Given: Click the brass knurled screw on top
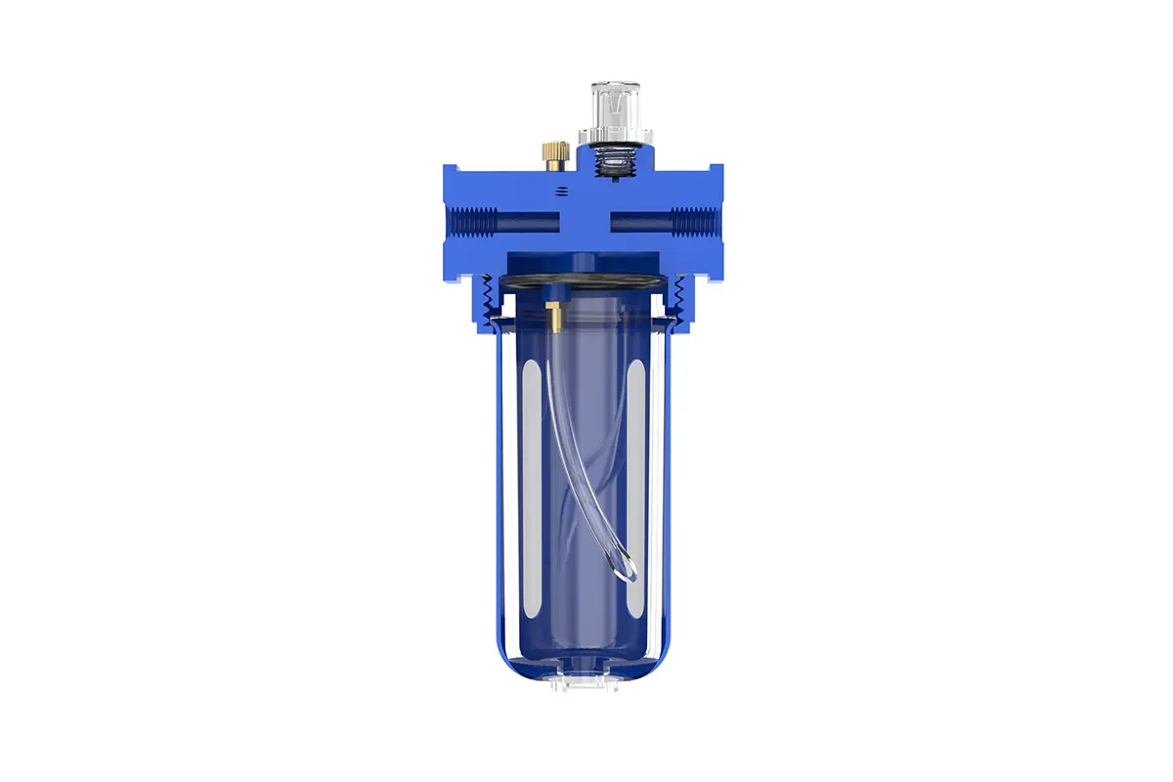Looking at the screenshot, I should click(x=555, y=152).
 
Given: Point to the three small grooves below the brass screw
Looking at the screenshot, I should click(x=561, y=193).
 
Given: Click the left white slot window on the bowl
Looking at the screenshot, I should click(x=532, y=489).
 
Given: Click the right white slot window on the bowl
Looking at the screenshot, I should click(x=636, y=489).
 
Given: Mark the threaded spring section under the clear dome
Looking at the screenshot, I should click(x=611, y=159).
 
